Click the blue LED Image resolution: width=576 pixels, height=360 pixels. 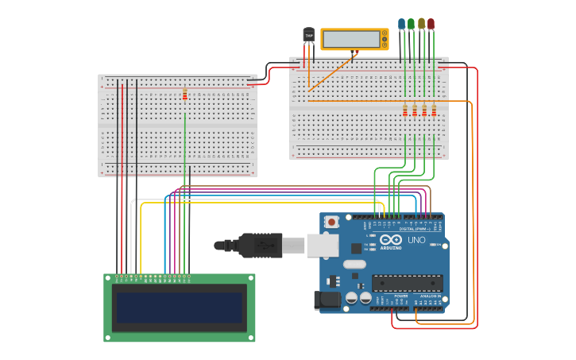[x=401, y=24]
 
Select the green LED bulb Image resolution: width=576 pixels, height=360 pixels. [x=411, y=24]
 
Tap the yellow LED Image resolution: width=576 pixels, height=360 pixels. [x=421, y=24]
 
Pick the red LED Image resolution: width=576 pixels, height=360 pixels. [x=431, y=24]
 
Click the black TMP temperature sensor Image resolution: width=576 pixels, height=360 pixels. [x=308, y=35]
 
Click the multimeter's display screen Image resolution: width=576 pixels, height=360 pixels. [x=350, y=39]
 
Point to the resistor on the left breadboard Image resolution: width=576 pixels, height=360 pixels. [x=185, y=95]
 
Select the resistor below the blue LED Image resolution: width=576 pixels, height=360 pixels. [x=404, y=110]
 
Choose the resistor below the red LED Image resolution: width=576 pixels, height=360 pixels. [x=434, y=110]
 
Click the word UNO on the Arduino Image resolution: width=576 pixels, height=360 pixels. [x=416, y=239]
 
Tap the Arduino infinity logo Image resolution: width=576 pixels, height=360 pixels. [x=391, y=239]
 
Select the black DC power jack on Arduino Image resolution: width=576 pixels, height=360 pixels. [x=327, y=300]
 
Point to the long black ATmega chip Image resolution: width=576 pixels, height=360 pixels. [x=407, y=283]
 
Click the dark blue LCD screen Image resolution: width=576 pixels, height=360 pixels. [x=180, y=308]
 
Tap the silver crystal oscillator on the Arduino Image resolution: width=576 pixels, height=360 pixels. [x=354, y=264]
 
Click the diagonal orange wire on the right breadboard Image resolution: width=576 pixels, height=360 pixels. [x=331, y=72]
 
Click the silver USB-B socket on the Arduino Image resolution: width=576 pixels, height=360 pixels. [x=323, y=246]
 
